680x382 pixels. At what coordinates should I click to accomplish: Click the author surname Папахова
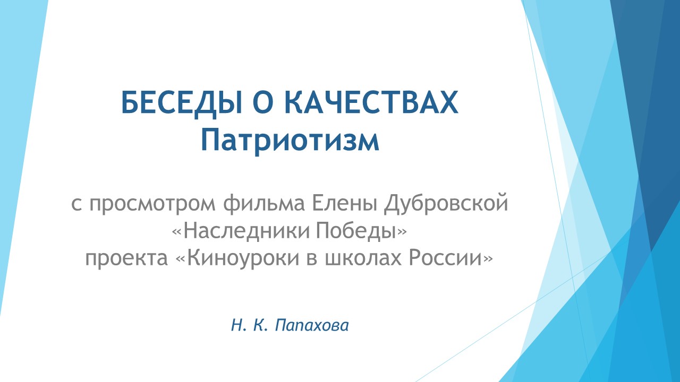pos(312,325)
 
